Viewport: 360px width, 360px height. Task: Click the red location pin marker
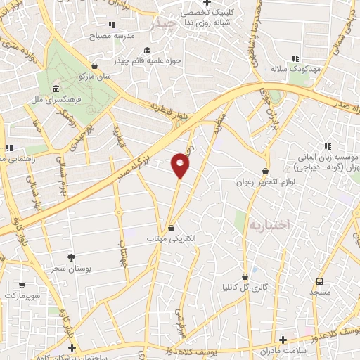click(x=181, y=165)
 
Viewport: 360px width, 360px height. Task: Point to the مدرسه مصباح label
click(x=108, y=33)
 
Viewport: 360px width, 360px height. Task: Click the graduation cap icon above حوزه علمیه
click(x=147, y=49)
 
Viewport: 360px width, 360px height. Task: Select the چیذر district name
click(x=167, y=24)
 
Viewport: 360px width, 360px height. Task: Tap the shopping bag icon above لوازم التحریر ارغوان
click(x=265, y=171)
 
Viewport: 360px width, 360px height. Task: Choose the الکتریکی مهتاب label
click(x=172, y=238)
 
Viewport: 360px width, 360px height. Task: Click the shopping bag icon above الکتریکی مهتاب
click(x=172, y=226)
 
